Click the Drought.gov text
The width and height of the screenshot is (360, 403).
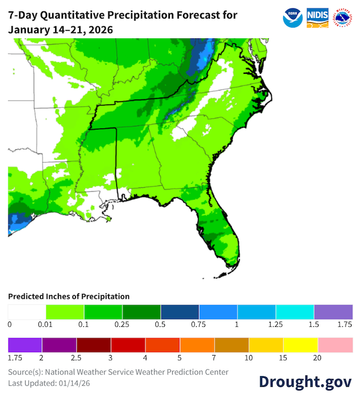305,382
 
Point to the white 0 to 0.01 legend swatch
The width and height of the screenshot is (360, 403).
26,312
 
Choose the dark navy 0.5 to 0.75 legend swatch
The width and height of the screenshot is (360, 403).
179,312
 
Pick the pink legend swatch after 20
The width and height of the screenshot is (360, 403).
335,345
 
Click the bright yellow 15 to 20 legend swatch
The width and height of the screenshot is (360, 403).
300,345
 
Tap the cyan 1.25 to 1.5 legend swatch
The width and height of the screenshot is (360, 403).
295,312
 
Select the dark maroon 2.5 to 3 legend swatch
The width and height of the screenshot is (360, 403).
93,345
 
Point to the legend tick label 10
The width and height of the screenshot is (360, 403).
248,357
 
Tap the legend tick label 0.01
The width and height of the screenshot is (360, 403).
46,324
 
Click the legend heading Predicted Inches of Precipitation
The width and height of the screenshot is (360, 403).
68,296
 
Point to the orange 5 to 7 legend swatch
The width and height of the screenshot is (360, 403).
197,345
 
